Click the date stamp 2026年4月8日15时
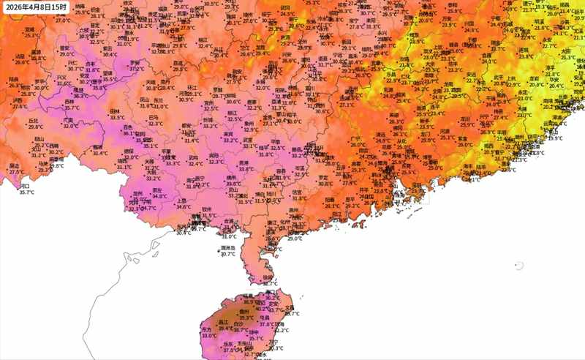pyautogui.click(x=37, y=8)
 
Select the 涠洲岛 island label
pyautogui.click(x=228, y=248)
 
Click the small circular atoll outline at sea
pyautogui.click(x=519, y=266)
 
